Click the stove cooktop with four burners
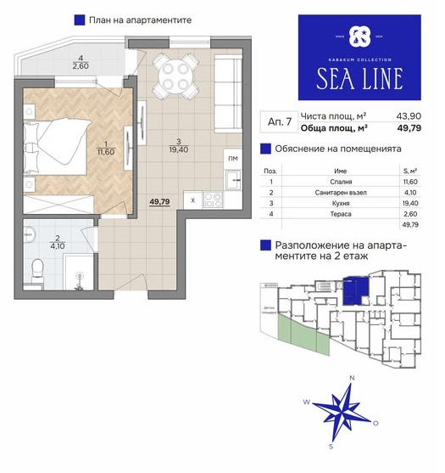213,200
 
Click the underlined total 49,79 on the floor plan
160,203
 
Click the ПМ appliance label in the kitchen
231,158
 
